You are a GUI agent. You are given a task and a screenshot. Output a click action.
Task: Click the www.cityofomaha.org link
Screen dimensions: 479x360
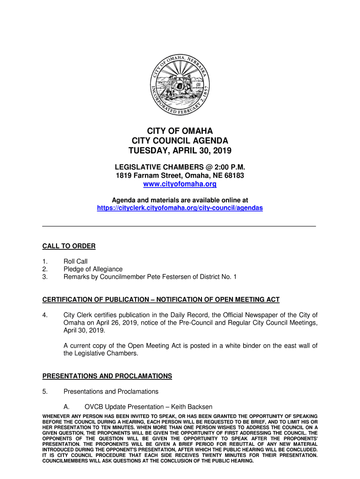pyautogui.click(x=180, y=184)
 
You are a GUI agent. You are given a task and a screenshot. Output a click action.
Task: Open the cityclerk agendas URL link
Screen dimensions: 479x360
pyautogui.click(x=180, y=208)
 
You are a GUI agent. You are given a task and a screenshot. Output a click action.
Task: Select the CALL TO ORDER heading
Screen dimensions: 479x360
pyautogui.click(x=69, y=246)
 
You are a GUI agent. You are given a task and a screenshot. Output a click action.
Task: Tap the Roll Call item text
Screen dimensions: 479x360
pyautogui.click(x=75, y=261)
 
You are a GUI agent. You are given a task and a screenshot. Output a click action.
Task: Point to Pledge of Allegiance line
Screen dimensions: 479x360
pyautogui.click(x=93, y=269)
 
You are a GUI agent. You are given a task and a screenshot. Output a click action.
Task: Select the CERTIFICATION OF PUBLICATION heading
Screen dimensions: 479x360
pyautogui.click(x=161, y=299)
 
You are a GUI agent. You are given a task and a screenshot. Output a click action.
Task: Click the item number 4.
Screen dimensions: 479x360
pyautogui.click(x=45, y=315)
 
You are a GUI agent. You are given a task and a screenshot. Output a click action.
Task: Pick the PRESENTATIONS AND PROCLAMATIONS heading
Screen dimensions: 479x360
pyautogui.click(x=107, y=376)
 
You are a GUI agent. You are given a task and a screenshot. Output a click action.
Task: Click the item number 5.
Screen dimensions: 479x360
pyautogui.click(x=45, y=392)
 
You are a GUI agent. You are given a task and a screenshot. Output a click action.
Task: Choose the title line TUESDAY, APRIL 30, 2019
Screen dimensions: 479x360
pyautogui.click(x=180, y=151)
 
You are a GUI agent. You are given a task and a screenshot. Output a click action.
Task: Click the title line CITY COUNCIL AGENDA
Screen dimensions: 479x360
pyautogui.click(x=180, y=141)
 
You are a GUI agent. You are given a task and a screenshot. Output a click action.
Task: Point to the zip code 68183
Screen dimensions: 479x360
pyautogui.click(x=235, y=175)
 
